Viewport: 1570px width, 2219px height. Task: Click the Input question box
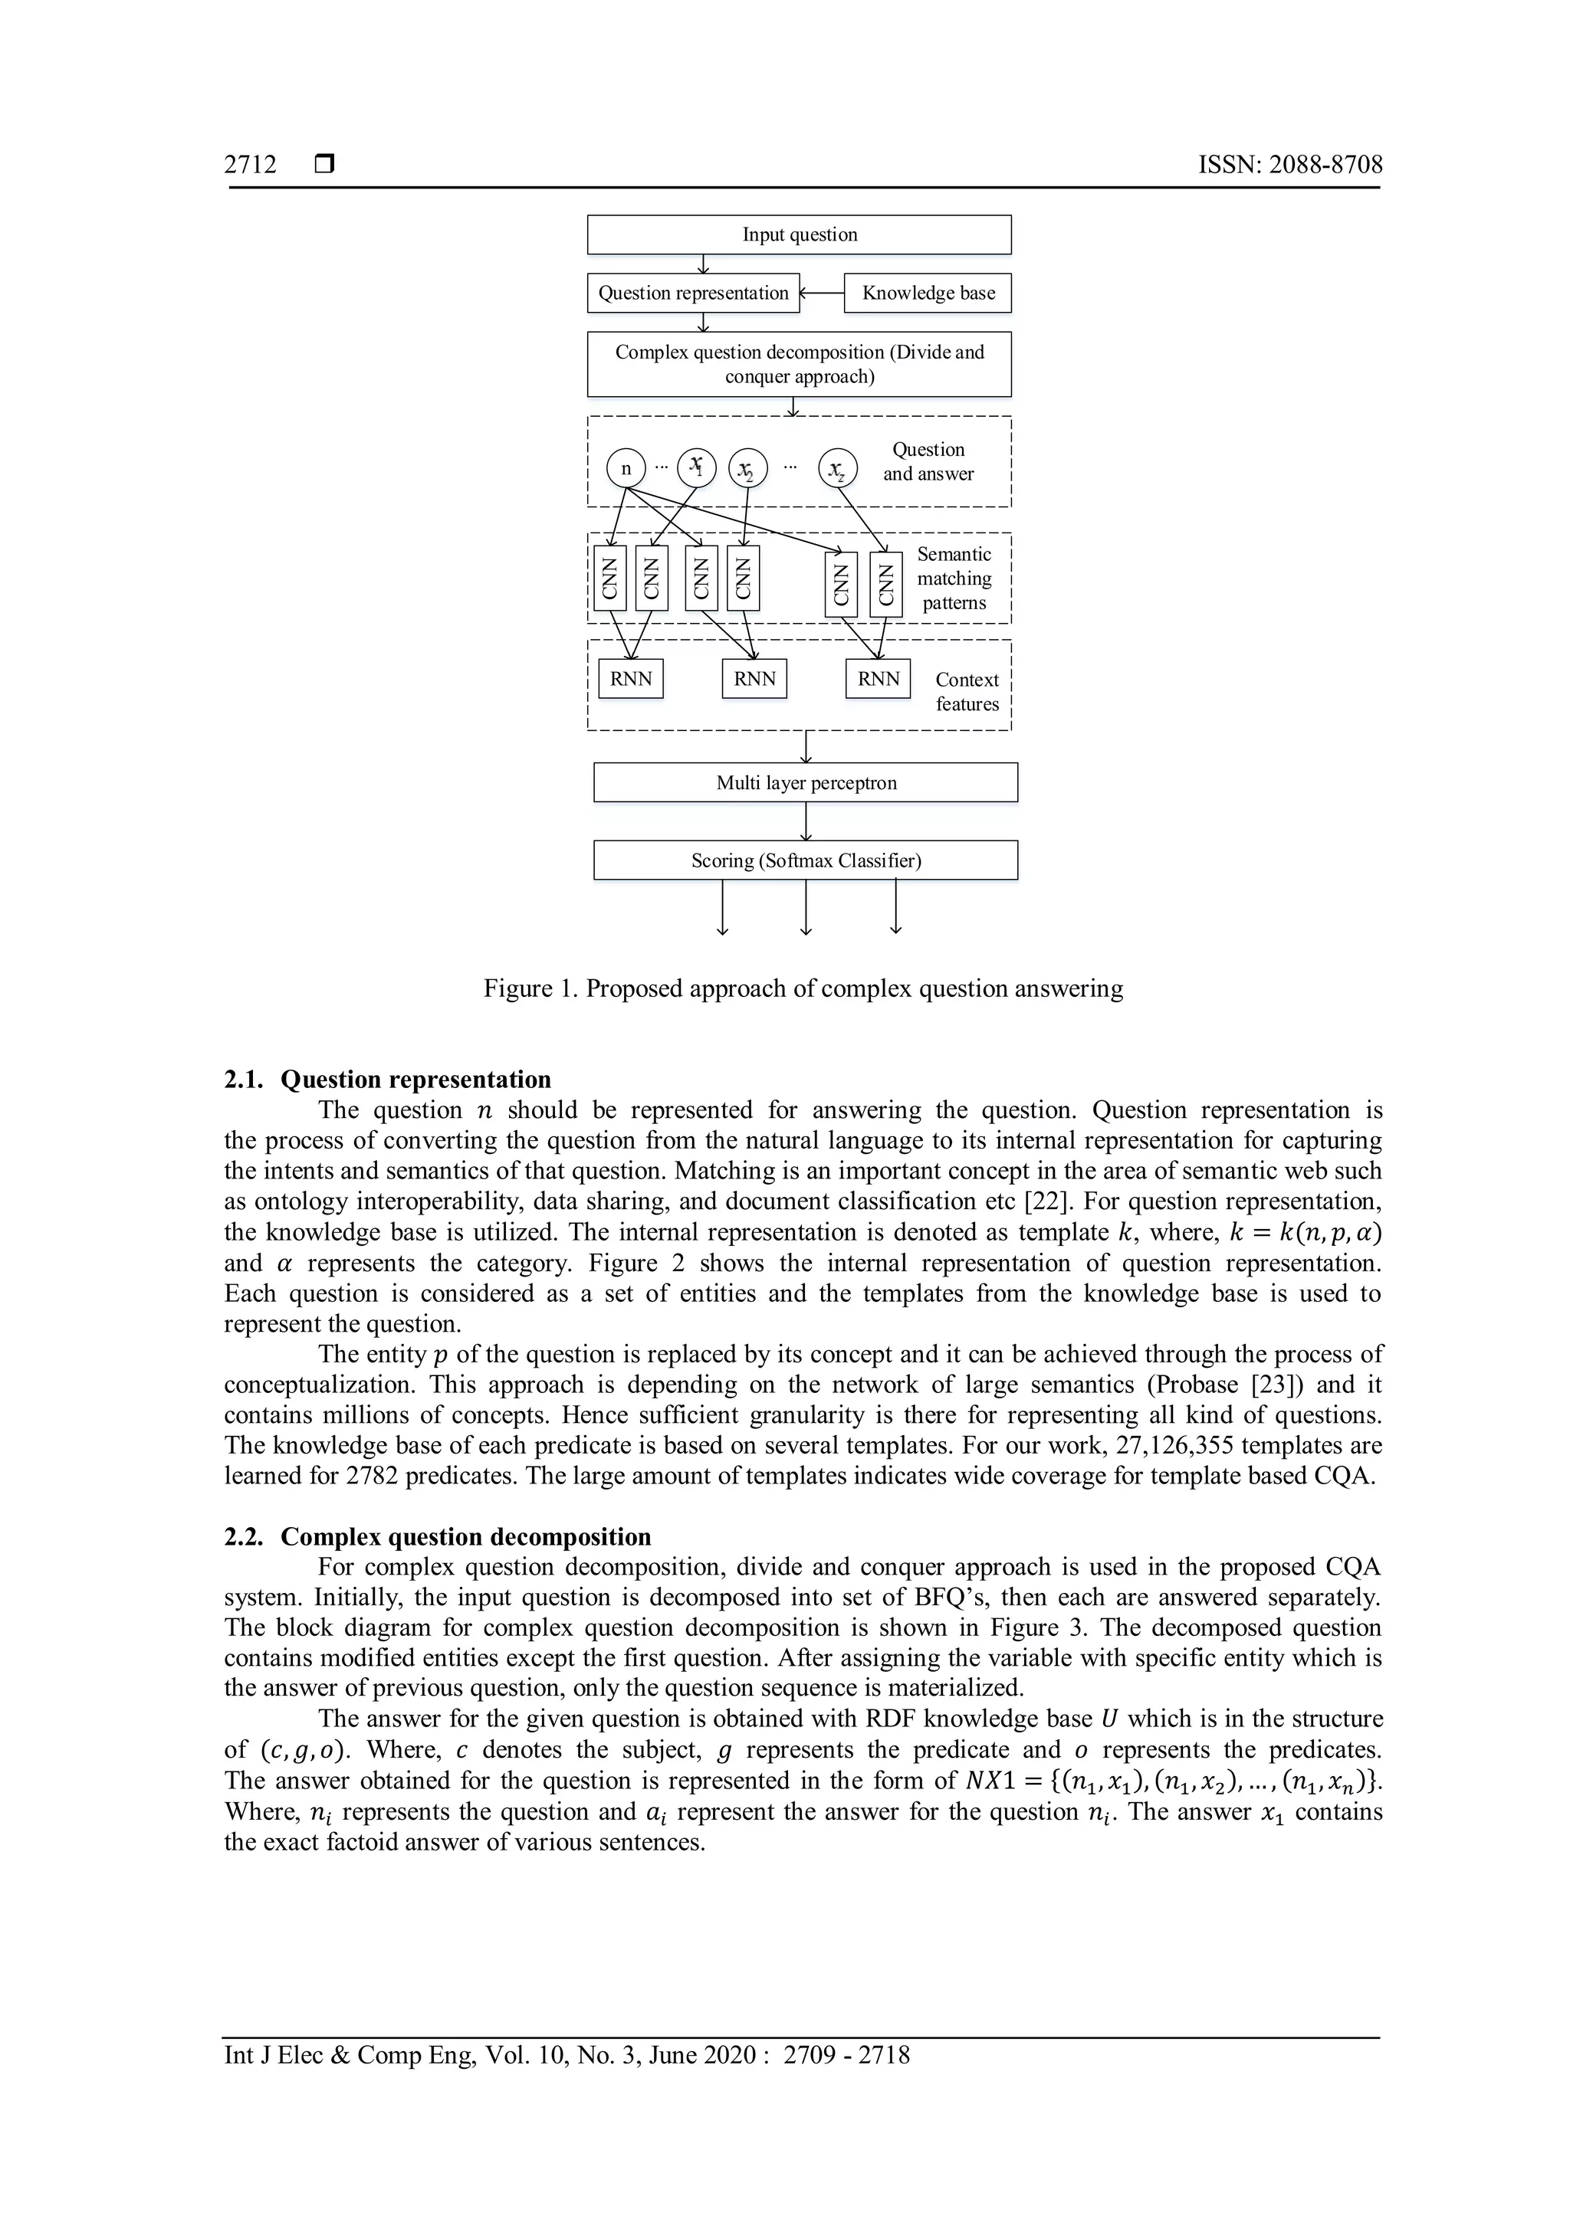(x=799, y=235)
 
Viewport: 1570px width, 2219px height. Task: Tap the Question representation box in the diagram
(x=692, y=293)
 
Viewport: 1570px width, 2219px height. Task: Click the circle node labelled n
(x=626, y=469)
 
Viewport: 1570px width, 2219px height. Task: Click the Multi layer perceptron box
(x=805, y=783)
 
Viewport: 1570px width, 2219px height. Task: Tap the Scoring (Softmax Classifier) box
(x=805, y=860)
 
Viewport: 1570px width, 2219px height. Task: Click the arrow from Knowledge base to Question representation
(x=822, y=293)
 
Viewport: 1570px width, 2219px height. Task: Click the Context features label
(x=967, y=692)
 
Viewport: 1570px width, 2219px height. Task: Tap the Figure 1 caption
(x=803, y=988)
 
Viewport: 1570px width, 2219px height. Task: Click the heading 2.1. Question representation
(x=388, y=1080)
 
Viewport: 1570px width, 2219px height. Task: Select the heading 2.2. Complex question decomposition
(x=437, y=1537)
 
